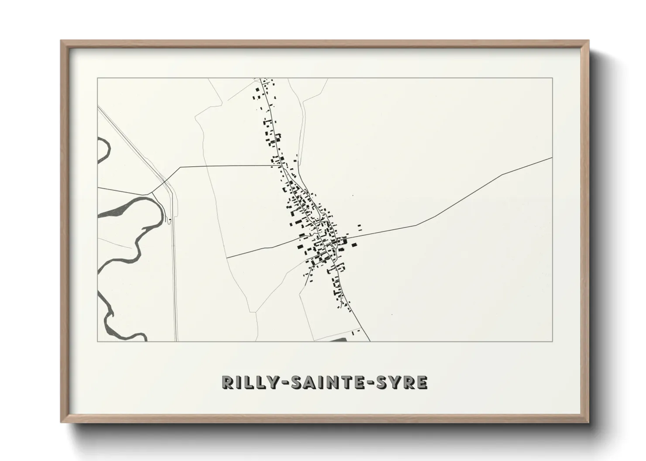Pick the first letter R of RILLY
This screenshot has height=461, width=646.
[227, 382]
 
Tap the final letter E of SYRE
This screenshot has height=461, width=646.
[422, 382]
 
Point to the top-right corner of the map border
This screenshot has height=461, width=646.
[553, 78]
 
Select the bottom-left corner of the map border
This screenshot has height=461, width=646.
[97, 341]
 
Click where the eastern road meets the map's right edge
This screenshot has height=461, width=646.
[552, 157]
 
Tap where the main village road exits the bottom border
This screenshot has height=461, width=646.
[370, 341]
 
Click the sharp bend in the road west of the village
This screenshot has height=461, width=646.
[180, 167]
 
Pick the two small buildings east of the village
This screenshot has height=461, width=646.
[359, 227]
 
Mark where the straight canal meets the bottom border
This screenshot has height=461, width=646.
[176, 341]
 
